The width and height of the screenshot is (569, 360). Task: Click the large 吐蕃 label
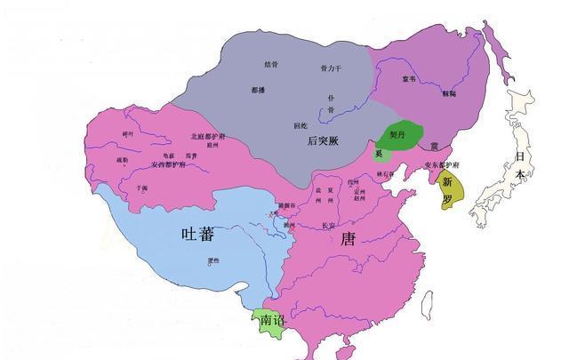coord(196,234)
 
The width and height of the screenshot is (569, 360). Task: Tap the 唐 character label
coord(348,237)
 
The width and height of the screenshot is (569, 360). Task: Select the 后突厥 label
coord(324,140)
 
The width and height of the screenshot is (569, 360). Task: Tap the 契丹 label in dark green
coord(397,136)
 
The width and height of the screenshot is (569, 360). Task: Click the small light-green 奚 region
coord(380,154)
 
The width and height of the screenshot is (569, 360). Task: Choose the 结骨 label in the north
coord(271,64)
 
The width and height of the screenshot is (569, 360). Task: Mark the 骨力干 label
coord(331,68)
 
